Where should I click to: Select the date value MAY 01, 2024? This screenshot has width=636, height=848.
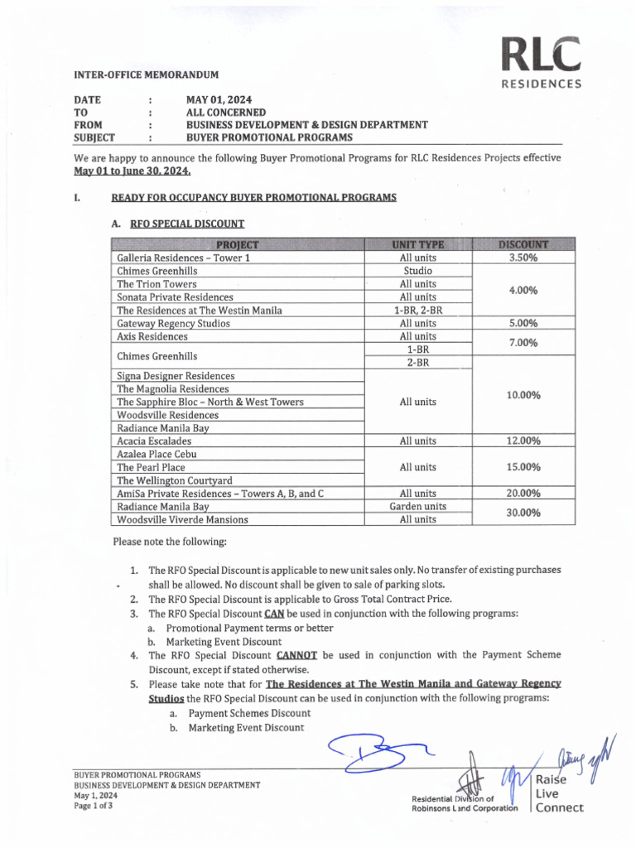[x=219, y=99]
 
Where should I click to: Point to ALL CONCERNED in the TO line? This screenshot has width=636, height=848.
[x=226, y=112]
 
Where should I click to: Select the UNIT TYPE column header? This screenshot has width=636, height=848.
[x=418, y=244]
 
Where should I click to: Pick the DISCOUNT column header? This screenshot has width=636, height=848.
[x=523, y=244]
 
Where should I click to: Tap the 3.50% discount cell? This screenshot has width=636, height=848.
[x=523, y=258]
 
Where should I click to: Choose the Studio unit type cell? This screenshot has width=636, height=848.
[x=418, y=271]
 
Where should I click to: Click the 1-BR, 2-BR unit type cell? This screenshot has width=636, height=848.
[x=418, y=310]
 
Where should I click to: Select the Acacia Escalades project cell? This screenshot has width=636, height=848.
[x=154, y=441]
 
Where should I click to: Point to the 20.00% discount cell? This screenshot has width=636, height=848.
[x=523, y=494]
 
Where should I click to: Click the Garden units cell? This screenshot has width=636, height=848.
[x=418, y=506]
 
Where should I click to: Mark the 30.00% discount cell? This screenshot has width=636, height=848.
[x=523, y=513]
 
